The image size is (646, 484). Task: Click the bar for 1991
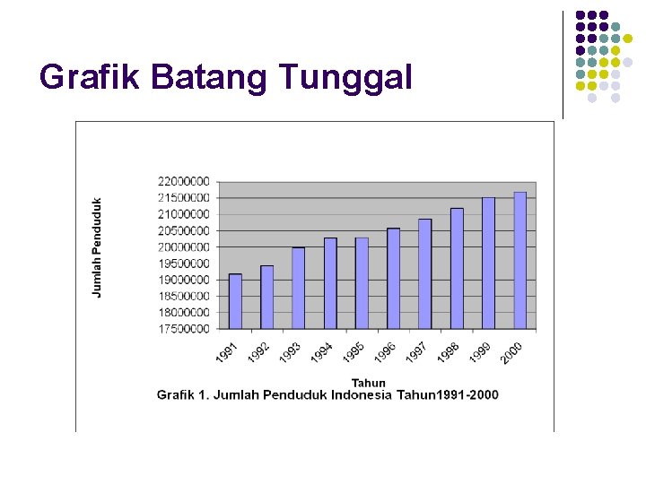[x=235, y=301]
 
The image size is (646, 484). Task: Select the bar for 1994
[x=330, y=283]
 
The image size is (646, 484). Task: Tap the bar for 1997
[x=425, y=273]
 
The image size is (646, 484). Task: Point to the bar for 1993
[x=299, y=288]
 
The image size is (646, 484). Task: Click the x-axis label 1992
[x=259, y=352]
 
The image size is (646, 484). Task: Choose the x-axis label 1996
[x=385, y=352]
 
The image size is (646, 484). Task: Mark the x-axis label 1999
[x=480, y=352]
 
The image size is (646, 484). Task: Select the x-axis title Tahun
[x=368, y=383]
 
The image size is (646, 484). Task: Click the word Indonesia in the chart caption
[x=362, y=394]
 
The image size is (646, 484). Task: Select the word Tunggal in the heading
[x=345, y=77]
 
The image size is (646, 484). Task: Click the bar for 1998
[x=457, y=268]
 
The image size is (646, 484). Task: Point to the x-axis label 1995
[x=354, y=352]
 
